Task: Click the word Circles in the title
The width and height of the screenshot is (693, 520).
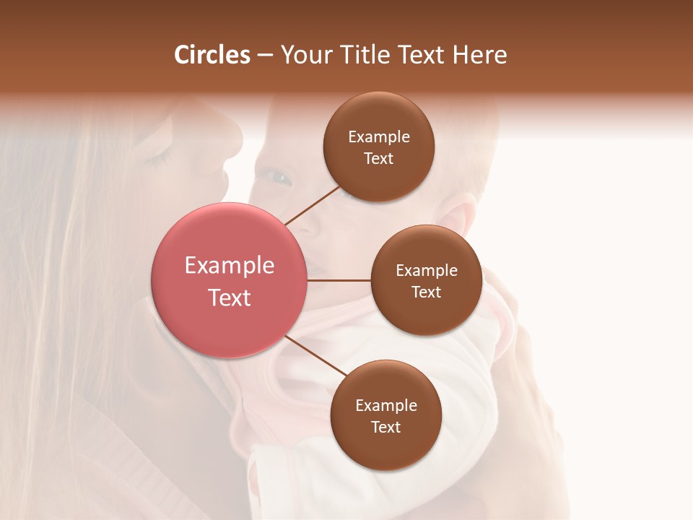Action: click(x=212, y=55)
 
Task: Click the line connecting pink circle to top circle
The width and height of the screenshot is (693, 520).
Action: click(x=312, y=205)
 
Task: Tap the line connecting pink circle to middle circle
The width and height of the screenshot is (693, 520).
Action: click(x=339, y=280)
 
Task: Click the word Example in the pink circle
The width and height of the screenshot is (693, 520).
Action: click(x=230, y=266)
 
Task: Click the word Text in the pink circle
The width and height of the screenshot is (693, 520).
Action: click(x=230, y=298)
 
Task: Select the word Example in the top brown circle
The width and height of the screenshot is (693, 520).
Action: click(x=379, y=137)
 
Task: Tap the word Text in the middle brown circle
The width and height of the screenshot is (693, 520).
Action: click(x=426, y=292)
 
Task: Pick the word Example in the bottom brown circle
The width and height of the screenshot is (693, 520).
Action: click(x=386, y=405)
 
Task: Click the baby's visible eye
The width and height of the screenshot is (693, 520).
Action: click(x=278, y=176)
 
